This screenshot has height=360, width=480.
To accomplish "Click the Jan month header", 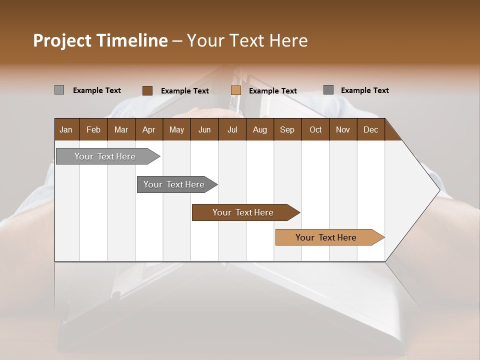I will [66, 129].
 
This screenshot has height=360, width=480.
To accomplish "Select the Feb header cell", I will [93, 129].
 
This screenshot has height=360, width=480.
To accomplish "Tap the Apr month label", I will [148, 129].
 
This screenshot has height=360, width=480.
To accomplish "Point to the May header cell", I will [176, 129].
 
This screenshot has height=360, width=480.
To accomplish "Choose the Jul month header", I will [232, 129].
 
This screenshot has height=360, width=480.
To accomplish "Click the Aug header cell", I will [259, 129].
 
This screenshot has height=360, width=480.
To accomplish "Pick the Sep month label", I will [287, 129].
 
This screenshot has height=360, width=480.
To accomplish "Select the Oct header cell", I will [315, 129].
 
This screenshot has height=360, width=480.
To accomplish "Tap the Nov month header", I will [343, 129].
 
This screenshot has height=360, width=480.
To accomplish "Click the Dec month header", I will [370, 129].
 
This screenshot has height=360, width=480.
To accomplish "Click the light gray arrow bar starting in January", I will [105, 156].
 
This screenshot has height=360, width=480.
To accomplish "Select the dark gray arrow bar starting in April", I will [174, 184].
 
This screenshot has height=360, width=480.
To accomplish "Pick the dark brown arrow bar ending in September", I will [243, 212].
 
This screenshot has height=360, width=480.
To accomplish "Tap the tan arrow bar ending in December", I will [326, 237].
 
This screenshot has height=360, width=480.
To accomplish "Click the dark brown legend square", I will [147, 90].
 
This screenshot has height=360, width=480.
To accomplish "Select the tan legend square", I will [236, 90].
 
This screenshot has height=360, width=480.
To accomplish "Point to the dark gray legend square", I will [328, 90].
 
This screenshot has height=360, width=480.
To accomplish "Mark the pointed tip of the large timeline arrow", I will [439, 189].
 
